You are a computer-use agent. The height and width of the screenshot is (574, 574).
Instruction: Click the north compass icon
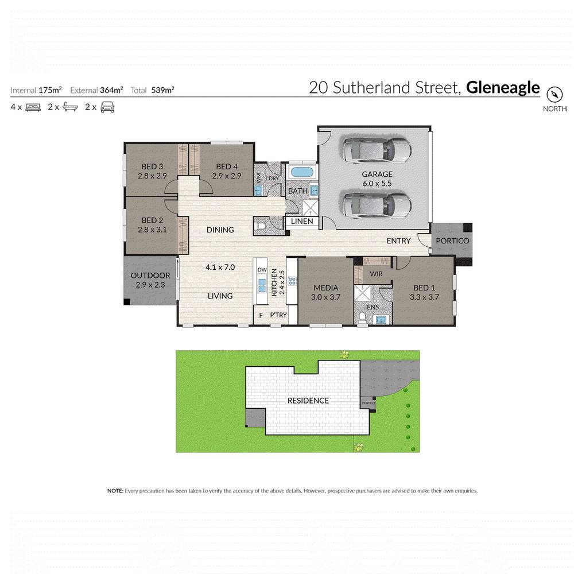coord(554,94)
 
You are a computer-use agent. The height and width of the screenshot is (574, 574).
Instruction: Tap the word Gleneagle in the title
coord(503,87)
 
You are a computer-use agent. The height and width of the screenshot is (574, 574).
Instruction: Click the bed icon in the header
coord(33,107)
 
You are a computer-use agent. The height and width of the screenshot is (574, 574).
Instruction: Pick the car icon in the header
coord(107,107)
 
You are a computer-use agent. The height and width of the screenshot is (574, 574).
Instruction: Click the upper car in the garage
coord(377,150)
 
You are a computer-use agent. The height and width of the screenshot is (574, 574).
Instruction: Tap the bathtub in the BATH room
coord(301,172)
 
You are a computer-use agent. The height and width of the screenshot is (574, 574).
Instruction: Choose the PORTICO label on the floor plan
coord(452,241)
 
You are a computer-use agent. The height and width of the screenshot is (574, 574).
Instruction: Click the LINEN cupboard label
coord(302,222)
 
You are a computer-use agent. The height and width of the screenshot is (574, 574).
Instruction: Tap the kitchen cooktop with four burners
coord(291,281)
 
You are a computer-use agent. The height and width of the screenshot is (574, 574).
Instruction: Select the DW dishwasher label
coord(262,270)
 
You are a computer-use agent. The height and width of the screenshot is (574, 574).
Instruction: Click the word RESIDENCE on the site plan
coord(308,400)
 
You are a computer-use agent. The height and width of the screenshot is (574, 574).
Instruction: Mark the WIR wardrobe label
coord(376,274)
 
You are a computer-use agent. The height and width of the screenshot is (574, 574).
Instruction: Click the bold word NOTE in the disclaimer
coord(115,491)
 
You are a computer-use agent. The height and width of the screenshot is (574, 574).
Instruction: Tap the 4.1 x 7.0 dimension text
coord(220,267)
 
